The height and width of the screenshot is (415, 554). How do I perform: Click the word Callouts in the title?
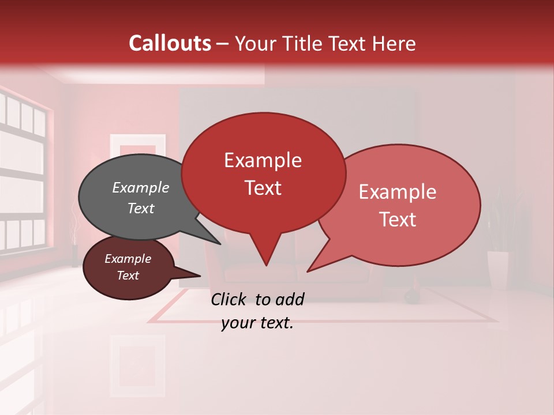click(170, 43)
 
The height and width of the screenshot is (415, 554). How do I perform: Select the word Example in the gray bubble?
click(140, 187)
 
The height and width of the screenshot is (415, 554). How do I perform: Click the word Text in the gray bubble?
click(140, 208)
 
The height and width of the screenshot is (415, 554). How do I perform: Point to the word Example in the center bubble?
click(263, 160)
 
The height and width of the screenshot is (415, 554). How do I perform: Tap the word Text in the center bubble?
click(263, 188)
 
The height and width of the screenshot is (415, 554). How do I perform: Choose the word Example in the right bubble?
click(398, 192)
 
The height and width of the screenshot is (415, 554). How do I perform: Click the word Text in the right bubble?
click(398, 220)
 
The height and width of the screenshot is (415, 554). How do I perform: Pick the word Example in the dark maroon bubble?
click(128, 259)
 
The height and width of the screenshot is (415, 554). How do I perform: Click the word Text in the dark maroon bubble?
click(128, 276)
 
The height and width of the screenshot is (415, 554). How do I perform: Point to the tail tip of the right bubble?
click(308, 270)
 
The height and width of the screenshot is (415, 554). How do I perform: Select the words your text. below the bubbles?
click(257, 323)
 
